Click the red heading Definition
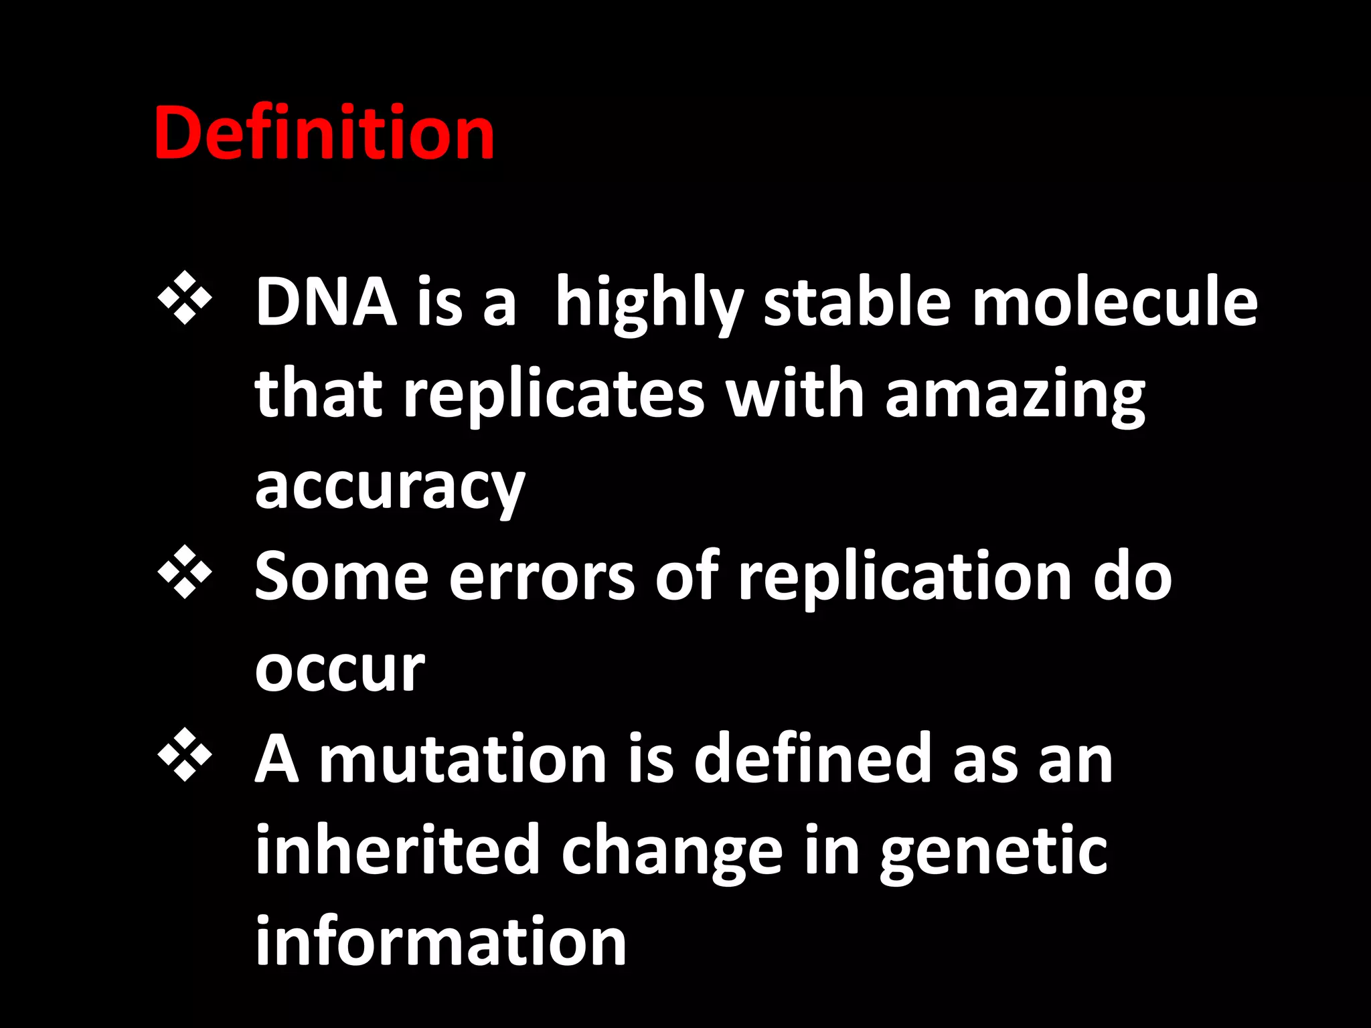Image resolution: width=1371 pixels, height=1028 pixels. click(x=324, y=134)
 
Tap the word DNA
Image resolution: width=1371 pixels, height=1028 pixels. click(x=326, y=303)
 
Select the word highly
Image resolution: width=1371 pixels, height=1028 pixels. click(x=649, y=305)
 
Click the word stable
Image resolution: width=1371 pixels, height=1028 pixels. click(x=857, y=303)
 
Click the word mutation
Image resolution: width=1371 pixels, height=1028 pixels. click(x=463, y=759)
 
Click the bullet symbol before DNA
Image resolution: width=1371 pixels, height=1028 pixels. click(x=185, y=298)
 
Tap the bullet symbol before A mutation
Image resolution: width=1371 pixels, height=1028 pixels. click(x=185, y=755)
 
